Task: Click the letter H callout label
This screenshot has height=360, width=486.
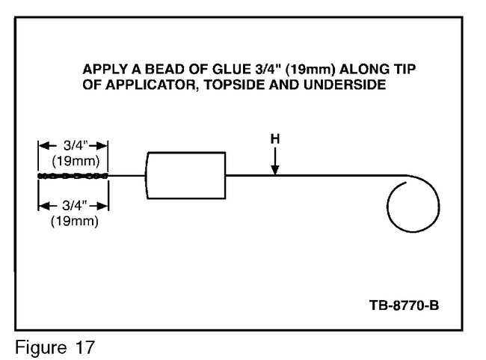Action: tap(275, 139)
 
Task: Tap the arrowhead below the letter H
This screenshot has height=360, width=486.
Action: tap(275, 170)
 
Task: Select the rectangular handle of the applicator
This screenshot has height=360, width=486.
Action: tap(185, 175)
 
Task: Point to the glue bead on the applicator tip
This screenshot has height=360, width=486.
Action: tap(73, 176)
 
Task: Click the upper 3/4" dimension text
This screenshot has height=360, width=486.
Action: tap(76, 145)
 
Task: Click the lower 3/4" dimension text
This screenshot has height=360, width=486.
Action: tap(75, 205)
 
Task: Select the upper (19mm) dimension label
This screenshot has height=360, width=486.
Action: tap(76, 161)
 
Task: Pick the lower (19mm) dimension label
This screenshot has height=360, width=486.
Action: tap(75, 221)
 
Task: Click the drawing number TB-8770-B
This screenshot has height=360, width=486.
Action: tap(405, 305)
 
